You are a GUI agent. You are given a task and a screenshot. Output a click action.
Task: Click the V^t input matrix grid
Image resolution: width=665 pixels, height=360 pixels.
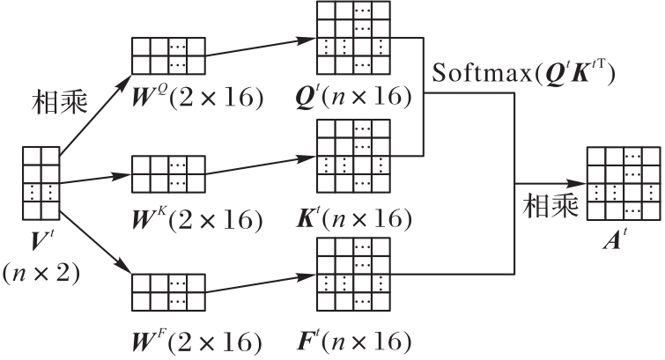41,185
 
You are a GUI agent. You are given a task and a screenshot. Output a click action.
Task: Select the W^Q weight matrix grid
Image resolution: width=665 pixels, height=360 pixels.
168,55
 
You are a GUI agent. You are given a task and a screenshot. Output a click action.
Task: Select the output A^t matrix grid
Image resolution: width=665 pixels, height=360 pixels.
623,183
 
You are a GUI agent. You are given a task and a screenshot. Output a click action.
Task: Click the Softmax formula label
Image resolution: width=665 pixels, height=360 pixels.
522,73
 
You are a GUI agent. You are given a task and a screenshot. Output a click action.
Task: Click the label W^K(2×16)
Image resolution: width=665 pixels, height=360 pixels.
197,217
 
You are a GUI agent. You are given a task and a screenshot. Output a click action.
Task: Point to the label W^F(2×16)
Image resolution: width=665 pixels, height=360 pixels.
197,340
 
